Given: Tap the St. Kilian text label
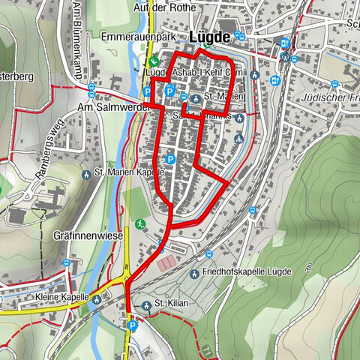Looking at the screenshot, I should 169,304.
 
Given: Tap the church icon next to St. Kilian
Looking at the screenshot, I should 145,304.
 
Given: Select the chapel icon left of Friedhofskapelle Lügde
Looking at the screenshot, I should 194,273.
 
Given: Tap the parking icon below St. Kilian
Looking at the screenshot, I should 133,325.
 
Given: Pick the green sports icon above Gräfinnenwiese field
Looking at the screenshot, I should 140,223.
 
